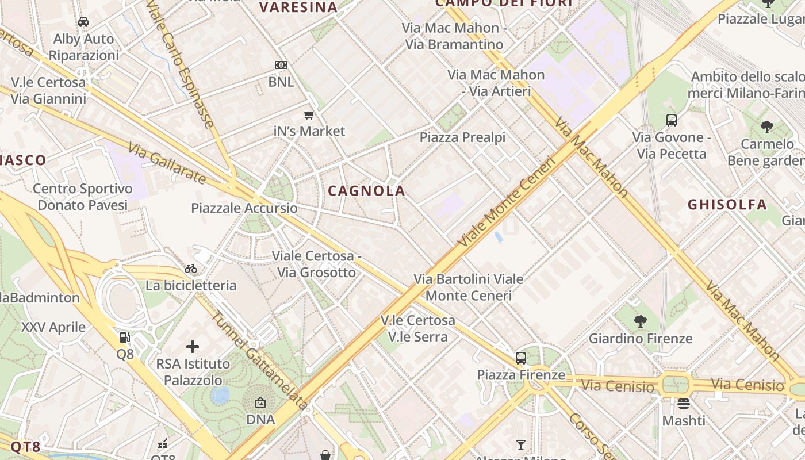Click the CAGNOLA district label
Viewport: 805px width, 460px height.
pyautogui.click(x=367, y=191)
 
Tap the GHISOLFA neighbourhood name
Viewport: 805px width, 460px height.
pyautogui.click(x=727, y=204)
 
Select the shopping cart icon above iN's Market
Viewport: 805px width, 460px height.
pyautogui.click(x=309, y=114)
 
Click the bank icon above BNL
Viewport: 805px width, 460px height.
pyautogui.click(x=281, y=65)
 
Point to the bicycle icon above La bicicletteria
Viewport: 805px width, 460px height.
pyautogui.click(x=191, y=269)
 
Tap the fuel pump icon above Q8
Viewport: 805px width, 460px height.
pyautogui.click(x=125, y=338)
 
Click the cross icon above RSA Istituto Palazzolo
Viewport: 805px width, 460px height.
pyautogui.click(x=193, y=347)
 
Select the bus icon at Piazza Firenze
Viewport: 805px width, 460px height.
pyautogui.click(x=521, y=358)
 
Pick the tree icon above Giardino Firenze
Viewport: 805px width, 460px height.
pyautogui.click(x=640, y=321)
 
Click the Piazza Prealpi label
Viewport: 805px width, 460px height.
pyautogui.click(x=462, y=137)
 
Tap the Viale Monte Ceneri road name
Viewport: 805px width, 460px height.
pyautogui.click(x=507, y=202)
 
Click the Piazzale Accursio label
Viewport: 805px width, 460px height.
pyautogui.click(x=244, y=208)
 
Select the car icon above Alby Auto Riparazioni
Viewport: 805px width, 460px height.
pyautogui.click(x=83, y=22)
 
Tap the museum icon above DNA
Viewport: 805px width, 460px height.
pyautogui.click(x=260, y=403)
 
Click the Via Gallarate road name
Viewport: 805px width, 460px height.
pyautogui.click(x=167, y=164)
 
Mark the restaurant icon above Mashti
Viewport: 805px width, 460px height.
pyautogui.click(x=683, y=404)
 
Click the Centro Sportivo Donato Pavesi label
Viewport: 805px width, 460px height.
pyautogui.click(x=83, y=197)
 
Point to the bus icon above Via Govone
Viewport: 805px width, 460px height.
pyautogui.click(x=672, y=120)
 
